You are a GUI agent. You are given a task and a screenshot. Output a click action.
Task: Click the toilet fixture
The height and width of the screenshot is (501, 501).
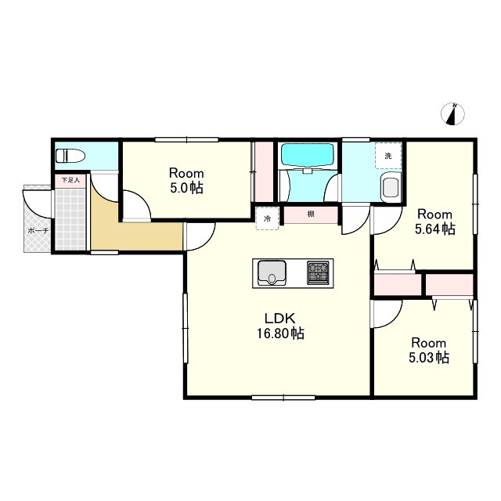(70, 157)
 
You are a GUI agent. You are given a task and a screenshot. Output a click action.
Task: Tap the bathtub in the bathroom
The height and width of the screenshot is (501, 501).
(308, 155)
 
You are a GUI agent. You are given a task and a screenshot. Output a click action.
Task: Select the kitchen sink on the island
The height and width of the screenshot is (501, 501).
(272, 273)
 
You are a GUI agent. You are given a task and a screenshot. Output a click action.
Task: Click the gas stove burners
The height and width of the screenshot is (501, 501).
(318, 273)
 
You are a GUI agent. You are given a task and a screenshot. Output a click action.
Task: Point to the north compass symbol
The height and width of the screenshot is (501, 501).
(452, 114)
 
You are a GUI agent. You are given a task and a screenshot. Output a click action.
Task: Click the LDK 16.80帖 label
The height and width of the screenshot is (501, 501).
(280, 326)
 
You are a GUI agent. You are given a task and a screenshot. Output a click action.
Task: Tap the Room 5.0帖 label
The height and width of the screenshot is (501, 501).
(186, 181)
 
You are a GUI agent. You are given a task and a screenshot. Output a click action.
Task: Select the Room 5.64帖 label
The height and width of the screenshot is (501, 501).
(435, 222)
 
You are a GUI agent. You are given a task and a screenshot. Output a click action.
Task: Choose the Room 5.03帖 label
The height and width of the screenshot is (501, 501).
(429, 350)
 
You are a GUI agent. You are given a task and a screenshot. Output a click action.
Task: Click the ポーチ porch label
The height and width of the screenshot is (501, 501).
(38, 230)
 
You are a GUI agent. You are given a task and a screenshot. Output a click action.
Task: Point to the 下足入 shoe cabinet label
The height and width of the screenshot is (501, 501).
(70, 181)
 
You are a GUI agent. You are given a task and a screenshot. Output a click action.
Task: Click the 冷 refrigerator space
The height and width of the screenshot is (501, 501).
(267, 218)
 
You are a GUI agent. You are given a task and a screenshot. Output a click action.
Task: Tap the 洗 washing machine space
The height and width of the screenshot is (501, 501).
(388, 156)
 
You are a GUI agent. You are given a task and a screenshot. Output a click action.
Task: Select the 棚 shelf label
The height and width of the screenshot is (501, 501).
(311, 214)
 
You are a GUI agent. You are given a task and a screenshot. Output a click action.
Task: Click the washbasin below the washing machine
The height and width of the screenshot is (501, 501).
(391, 188)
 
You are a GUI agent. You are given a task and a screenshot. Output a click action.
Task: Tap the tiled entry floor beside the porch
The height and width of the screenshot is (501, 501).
(70, 220)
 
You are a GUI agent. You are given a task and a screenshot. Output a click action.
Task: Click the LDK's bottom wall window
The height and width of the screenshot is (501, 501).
(283, 398)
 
